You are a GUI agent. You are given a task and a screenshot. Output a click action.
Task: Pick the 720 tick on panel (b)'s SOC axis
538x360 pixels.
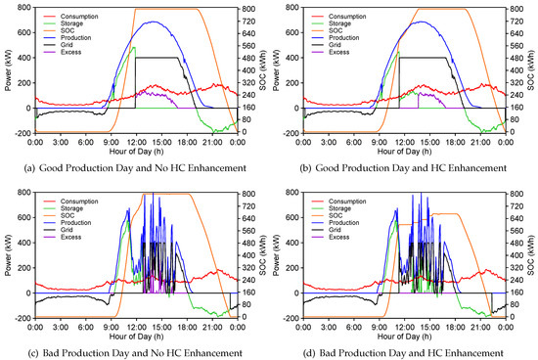508,22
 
